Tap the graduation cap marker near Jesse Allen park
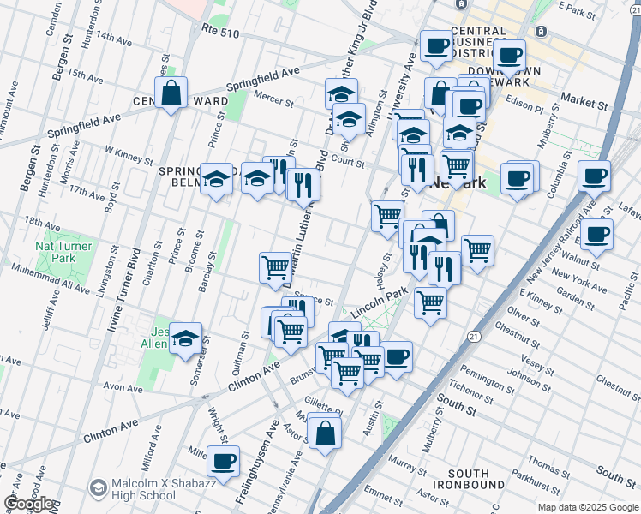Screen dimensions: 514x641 click(185, 338)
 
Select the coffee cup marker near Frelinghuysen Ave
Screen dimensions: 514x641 click(224, 461)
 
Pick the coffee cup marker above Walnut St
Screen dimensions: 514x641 click(596, 233)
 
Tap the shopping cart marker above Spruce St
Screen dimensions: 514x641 click(275, 266)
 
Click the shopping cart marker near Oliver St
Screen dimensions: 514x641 click(430, 302)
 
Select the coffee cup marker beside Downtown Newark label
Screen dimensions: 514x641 click(510, 56)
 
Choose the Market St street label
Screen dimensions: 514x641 click(584, 101)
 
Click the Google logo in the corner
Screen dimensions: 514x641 click(27, 504)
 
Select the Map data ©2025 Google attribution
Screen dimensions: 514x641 click(587, 507)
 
